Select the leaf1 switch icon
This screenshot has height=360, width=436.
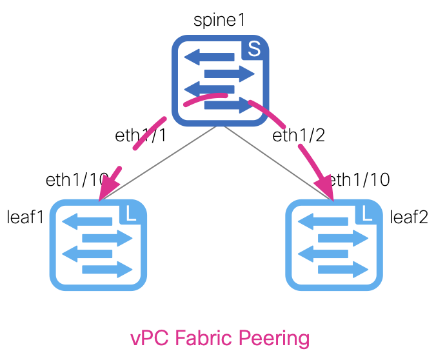tap(98, 245)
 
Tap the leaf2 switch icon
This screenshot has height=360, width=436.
tap(334, 245)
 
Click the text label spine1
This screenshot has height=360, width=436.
tap(219, 19)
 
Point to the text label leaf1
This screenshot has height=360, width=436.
tap(25, 216)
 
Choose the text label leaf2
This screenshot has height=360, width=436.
tap(409, 216)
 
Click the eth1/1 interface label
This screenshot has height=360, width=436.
tap(141, 135)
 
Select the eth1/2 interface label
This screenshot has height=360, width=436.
tap(298, 135)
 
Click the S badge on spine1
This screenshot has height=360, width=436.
tap(254, 50)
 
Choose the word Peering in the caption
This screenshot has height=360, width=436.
tap(281, 338)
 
